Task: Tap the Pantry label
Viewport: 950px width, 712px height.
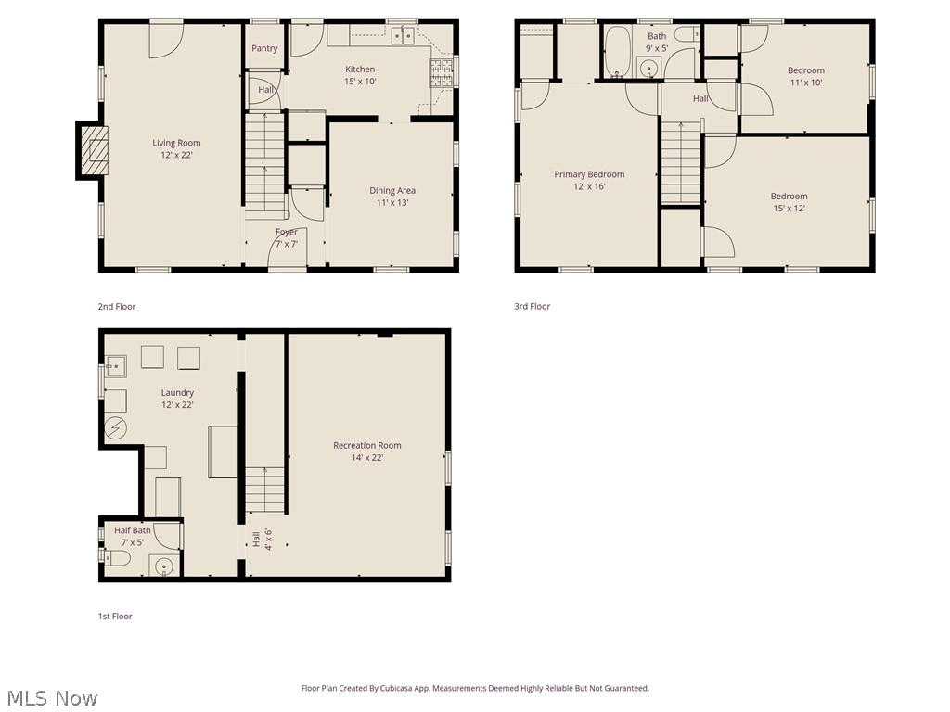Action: pos(264,49)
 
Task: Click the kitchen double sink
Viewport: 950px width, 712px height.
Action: pos(402,36)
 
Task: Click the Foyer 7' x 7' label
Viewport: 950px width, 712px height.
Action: pos(287,238)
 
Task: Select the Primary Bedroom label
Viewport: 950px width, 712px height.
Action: pos(589,180)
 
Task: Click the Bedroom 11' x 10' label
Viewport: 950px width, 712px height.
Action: pos(805,76)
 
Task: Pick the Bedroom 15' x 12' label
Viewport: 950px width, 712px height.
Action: pos(789,202)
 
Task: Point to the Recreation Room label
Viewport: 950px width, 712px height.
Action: pos(367,451)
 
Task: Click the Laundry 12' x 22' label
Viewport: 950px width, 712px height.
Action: pos(177,399)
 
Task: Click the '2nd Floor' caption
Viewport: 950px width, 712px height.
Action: pos(117,307)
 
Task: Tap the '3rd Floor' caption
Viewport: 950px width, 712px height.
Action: pos(533,307)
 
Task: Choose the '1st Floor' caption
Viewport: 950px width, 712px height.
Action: pos(116,617)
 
